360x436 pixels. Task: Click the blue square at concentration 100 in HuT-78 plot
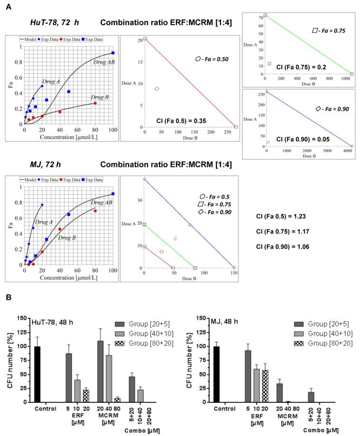pos(113,53)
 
